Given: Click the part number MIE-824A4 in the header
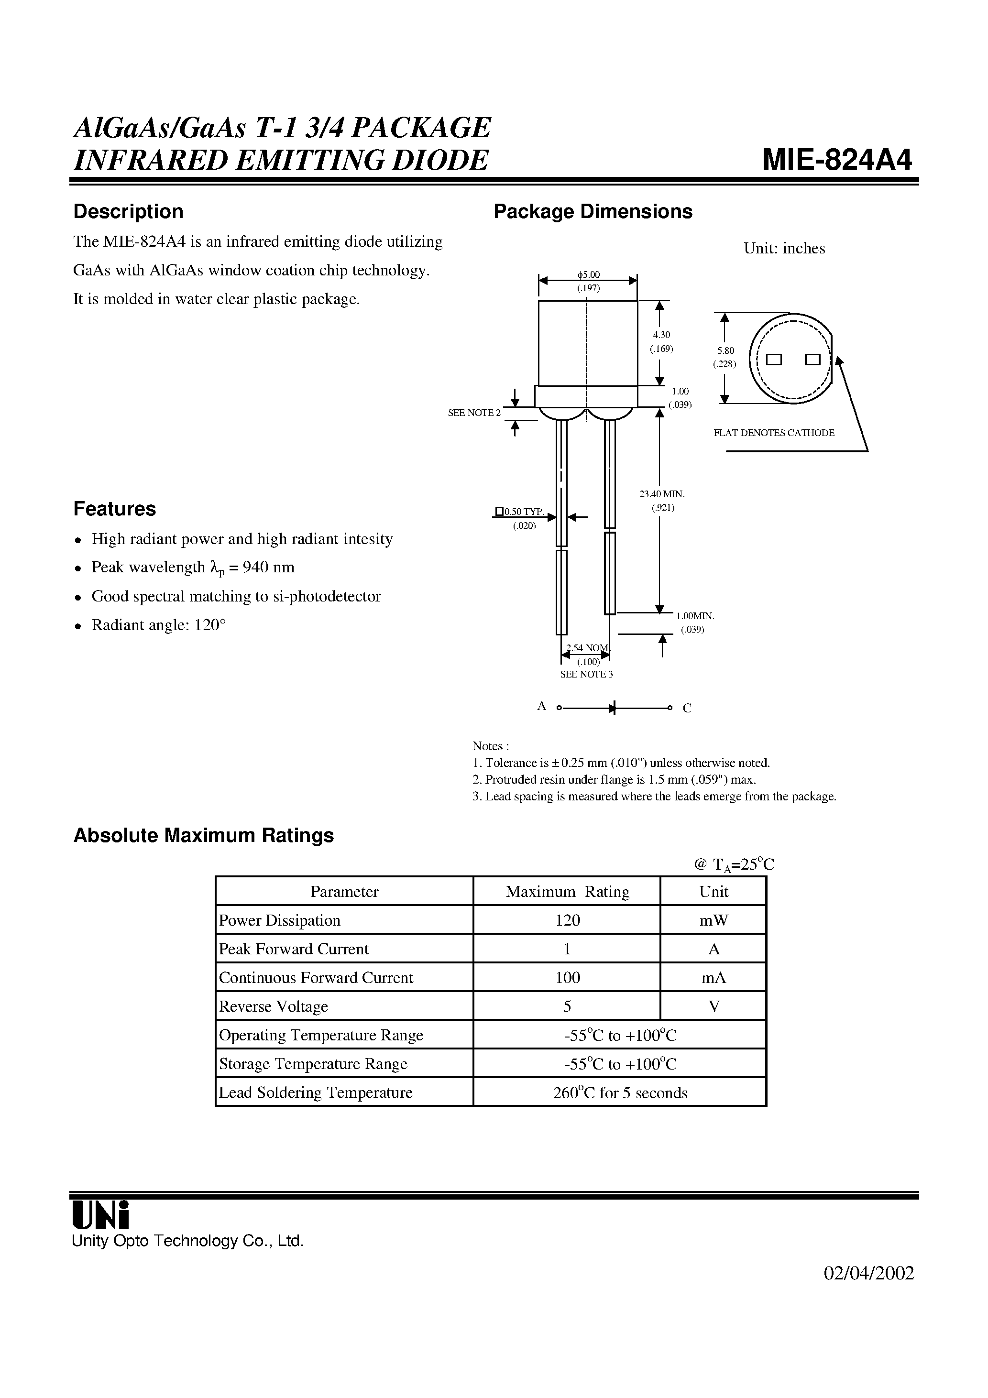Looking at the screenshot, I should coord(837,161).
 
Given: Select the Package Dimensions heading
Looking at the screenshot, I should coord(593,212).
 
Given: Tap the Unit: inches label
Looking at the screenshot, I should coord(784,249).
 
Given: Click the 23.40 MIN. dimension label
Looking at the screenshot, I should coord(662,494).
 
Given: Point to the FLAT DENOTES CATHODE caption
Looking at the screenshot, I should coord(774,433).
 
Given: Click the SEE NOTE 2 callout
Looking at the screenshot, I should coord(474,413).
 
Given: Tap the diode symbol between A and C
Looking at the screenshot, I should coord(612,708).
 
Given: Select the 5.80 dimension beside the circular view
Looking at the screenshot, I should coord(725,351).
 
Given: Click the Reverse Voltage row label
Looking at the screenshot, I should coord(274,1006).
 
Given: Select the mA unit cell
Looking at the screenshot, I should coord(714,978).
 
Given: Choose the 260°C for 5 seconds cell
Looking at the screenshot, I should coord(619,1093).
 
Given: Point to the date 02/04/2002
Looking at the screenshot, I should coord(868,1274).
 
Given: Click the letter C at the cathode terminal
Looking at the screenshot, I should coord(687,708).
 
